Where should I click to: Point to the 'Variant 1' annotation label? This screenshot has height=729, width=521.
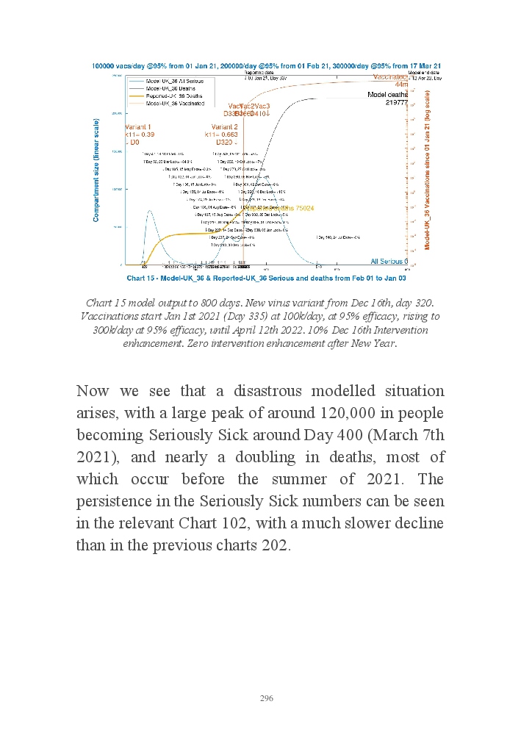(137, 126)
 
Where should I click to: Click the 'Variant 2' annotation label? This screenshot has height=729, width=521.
(221, 126)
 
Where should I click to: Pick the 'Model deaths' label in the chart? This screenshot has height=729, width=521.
(387, 95)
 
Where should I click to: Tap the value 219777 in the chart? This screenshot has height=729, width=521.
(397, 103)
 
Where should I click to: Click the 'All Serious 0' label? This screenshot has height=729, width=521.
(389, 261)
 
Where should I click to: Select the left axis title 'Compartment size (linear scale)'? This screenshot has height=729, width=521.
(96, 170)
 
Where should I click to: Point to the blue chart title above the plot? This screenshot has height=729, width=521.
(266, 66)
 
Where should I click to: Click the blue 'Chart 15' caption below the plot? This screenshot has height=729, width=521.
(266, 279)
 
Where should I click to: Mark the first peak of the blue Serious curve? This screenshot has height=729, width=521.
(150, 212)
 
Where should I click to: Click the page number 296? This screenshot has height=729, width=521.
(266, 697)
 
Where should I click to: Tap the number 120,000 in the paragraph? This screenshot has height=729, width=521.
(348, 413)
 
